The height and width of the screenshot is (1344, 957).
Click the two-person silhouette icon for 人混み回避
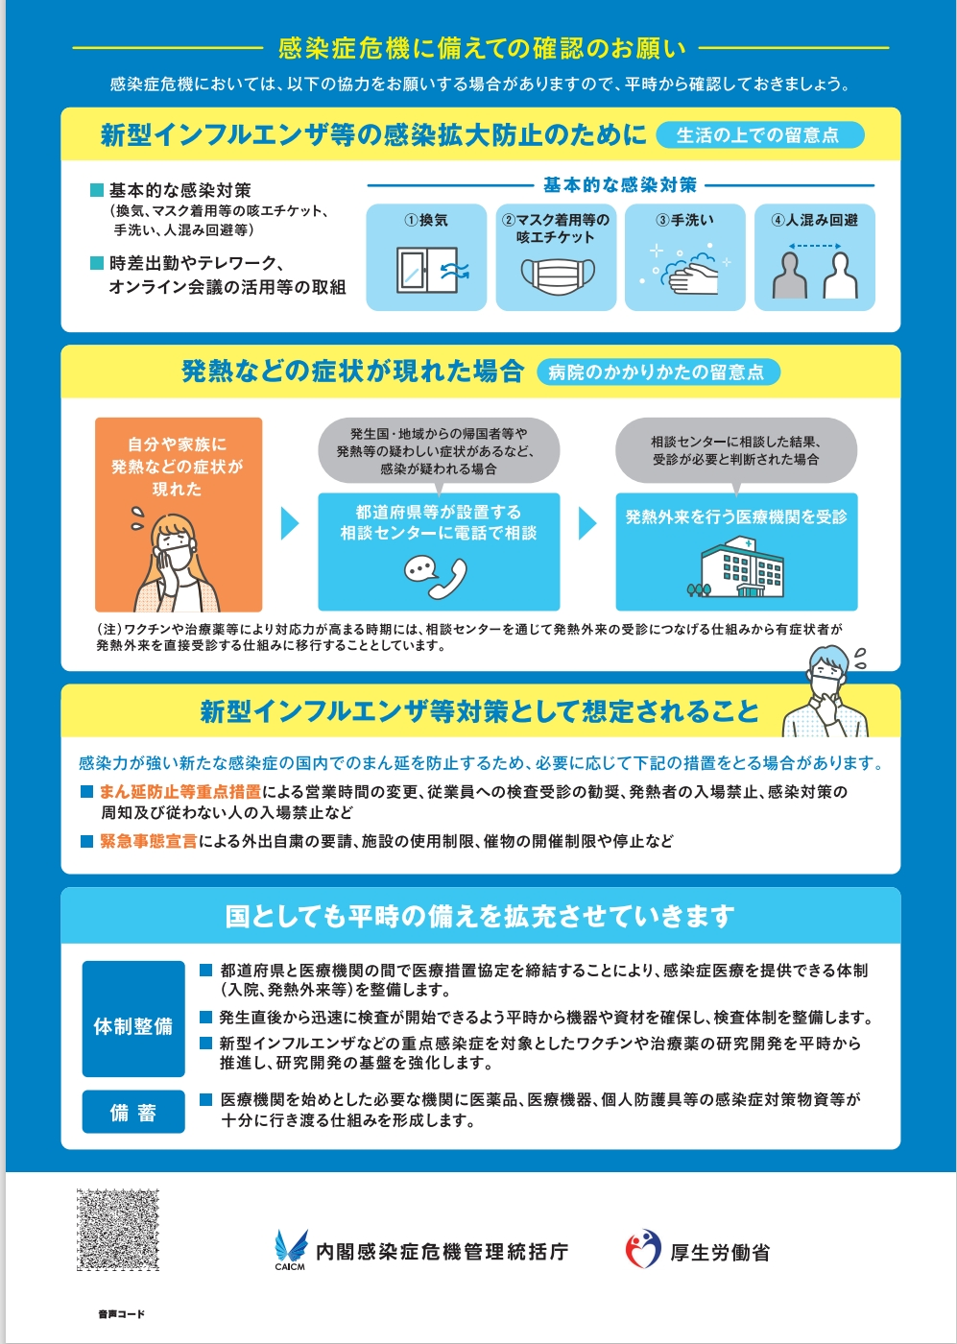(815, 272)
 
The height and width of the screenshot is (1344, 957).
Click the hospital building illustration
(737, 567)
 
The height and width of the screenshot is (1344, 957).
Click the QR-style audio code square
(118, 1230)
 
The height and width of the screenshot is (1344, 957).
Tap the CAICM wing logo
(290, 1248)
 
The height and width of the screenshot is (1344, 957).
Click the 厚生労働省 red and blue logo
(643, 1249)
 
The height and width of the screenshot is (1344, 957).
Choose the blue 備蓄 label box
(133, 1112)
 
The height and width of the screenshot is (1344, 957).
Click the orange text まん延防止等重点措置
(180, 792)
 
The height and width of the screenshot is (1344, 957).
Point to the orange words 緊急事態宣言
(149, 841)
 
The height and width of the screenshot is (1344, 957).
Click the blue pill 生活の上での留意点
(758, 135)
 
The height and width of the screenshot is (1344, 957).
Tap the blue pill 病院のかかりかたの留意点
(658, 372)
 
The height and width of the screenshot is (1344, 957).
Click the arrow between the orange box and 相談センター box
(289, 523)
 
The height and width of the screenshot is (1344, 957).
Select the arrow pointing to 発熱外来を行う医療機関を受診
(587, 523)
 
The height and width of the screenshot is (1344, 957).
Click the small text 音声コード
(121, 1313)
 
